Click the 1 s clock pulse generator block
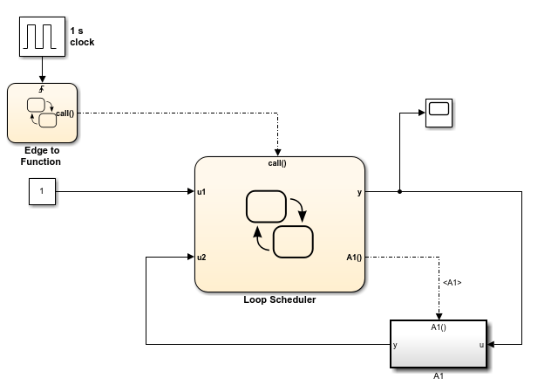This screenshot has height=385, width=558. [x=41, y=36]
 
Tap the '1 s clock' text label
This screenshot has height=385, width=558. [x=82, y=36]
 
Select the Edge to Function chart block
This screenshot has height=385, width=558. [x=41, y=112]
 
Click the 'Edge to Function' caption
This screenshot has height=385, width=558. [x=41, y=155]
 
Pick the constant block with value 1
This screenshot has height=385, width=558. [x=41, y=190]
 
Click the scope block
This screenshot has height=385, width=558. [x=439, y=113]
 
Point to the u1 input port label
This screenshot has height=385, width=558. [x=201, y=190]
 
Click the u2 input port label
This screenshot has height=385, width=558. [x=201, y=257]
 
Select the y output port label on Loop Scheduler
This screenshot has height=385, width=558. [x=358, y=190]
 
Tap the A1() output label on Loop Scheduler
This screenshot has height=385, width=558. [x=353, y=257]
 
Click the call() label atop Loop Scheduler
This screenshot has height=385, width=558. [x=277, y=162]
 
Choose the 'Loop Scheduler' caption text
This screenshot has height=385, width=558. [x=279, y=299]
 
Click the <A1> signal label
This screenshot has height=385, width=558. [x=452, y=282]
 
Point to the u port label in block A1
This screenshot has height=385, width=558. [x=481, y=345]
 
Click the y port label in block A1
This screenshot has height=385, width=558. [x=396, y=345]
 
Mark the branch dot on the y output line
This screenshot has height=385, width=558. [x=399, y=190]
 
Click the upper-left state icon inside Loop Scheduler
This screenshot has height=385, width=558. [x=266, y=207]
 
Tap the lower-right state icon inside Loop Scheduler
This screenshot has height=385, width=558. [x=294, y=240]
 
